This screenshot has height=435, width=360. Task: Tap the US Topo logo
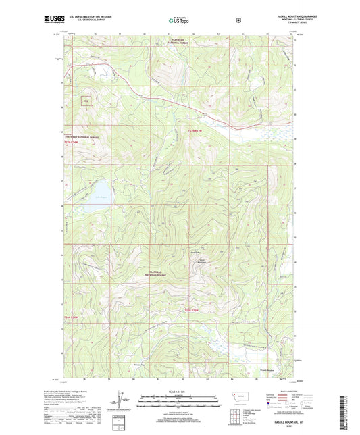[180, 21]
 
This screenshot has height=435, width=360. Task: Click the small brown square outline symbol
[86, 102]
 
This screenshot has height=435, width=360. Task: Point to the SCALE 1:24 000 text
[180, 392]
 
